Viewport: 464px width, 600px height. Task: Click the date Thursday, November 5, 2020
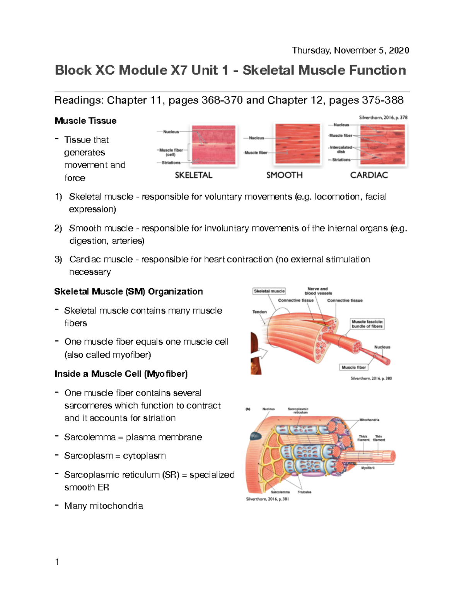[x=350, y=51]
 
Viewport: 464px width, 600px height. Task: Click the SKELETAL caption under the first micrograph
[x=193, y=175]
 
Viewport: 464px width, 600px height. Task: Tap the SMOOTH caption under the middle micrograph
[x=284, y=175]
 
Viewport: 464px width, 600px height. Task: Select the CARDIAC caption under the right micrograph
[x=369, y=175]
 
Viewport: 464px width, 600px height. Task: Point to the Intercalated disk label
[x=341, y=150]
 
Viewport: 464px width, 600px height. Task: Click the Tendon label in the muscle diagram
[x=259, y=312]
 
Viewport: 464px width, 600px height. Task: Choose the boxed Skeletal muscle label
[x=269, y=291]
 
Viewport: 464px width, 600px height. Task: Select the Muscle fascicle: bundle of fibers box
[x=367, y=324]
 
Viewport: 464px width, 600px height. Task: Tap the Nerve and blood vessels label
[x=318, y=291]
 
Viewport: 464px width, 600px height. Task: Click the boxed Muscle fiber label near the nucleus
[x=353, y=367]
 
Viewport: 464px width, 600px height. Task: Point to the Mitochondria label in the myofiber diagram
[x=369, y=420]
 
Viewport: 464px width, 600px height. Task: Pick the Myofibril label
[x=368, y=468]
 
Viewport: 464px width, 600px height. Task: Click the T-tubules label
[x=304, y=492]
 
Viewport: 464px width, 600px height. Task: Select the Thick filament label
[x=363, y=438]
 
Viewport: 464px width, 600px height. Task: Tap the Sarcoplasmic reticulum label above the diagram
[x=298, y=410]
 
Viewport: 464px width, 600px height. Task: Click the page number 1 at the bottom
[x=57, y=562]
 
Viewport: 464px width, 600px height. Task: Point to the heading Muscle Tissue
[x=85, y=121]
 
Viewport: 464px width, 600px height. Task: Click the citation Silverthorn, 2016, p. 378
[x=383, y=117]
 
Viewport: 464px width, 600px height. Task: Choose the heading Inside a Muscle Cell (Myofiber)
[x=121, y=374]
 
